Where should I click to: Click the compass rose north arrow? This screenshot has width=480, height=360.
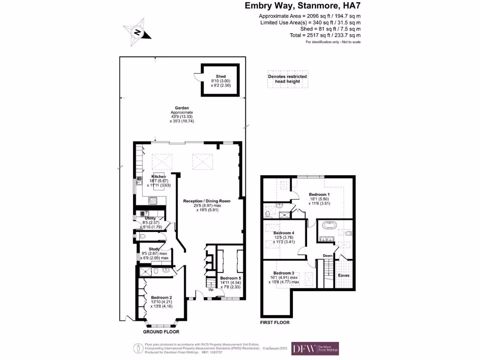[138, 32]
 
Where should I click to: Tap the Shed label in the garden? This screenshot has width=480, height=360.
[220, 76]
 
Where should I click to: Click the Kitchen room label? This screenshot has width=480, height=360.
[158, 177]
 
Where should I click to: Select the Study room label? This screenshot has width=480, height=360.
[155, 249]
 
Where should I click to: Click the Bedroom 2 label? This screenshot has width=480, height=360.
[161, 297]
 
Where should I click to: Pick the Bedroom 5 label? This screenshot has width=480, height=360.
[230, 278]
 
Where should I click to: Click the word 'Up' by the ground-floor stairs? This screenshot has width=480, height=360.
[210, 290]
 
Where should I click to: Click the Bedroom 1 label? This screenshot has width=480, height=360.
[319, 194]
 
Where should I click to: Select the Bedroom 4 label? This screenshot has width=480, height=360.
[284, 233]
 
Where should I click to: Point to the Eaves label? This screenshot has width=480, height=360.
[344, 276]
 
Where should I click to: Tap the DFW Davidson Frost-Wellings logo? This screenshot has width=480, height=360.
[315, 348]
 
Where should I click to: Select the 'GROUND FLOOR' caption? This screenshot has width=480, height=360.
[161, 331]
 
